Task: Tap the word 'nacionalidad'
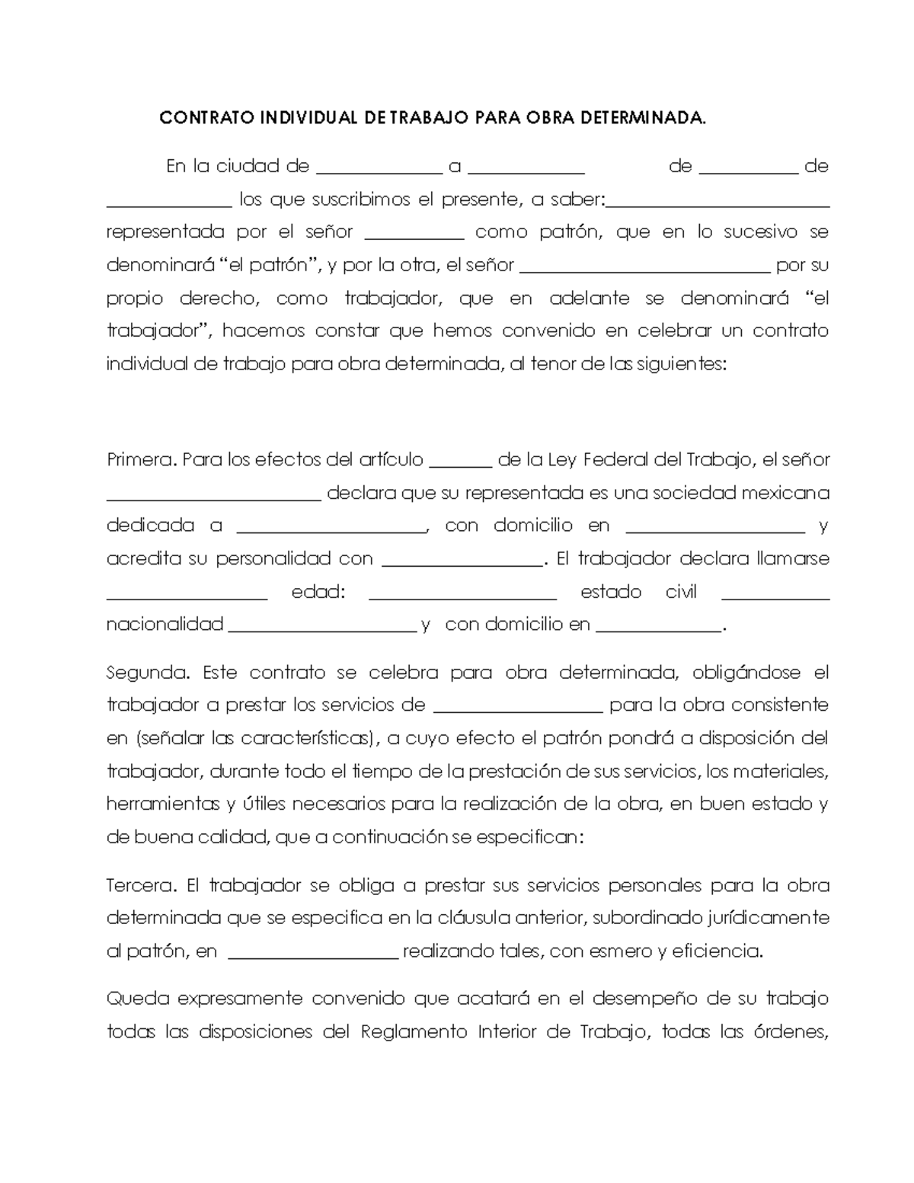tap(165, 625)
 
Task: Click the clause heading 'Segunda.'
tap(147, 673)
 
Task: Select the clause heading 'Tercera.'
tap(142, 886)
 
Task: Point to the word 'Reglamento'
tap(414, 1032)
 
